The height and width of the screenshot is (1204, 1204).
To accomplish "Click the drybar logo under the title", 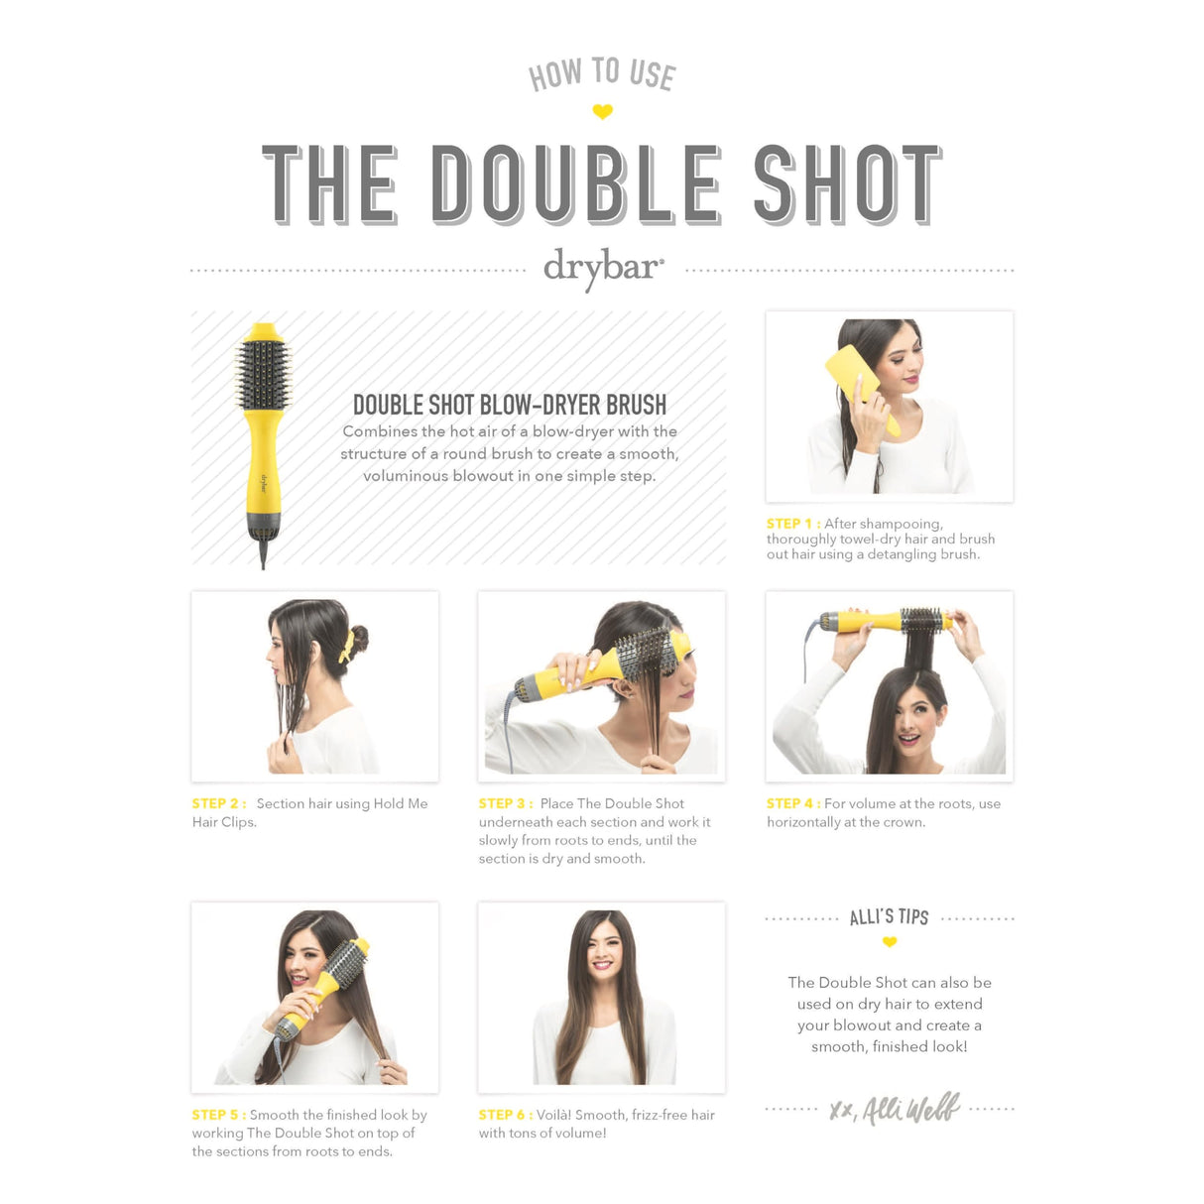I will pos(603,268).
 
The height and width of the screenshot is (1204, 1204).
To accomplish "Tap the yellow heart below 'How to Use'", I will pos(602,112).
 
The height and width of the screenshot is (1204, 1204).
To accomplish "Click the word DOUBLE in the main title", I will pos(576,184).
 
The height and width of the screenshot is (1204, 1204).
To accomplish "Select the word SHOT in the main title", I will pos(847,184).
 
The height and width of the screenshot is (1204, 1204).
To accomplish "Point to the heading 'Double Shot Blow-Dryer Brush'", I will pos(510,405).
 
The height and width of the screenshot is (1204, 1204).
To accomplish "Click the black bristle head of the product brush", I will pos(263,375).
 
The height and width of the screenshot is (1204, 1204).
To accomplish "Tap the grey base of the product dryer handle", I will pos(263,526).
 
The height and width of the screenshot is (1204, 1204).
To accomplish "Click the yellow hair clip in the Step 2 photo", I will pos(346,646).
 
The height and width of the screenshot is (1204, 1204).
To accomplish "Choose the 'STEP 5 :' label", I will pos(218,1115).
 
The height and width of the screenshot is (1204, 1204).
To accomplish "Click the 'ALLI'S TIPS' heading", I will pos(889,917).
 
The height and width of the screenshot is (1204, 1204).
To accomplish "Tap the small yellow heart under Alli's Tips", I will pos(890,942).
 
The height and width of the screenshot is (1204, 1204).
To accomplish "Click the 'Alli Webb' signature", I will pos(896,1109).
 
